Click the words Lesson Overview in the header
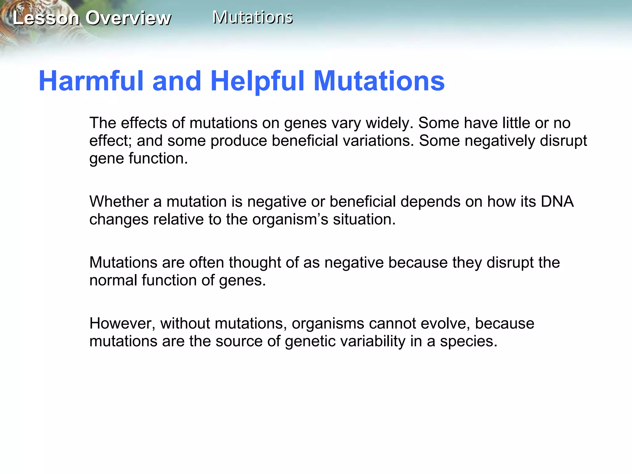click(x=92, y=18)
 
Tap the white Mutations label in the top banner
click(x=252, y=17)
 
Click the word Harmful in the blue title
click(x=91, y=81)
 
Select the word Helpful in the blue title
click(x=258, y=81)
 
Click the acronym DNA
click(x=557, y=202)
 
